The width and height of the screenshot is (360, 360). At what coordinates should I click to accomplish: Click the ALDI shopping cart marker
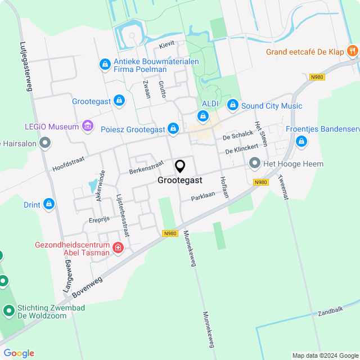click(x=202, y=116)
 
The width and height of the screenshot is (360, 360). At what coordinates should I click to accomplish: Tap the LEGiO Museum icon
click(x=87, y=126)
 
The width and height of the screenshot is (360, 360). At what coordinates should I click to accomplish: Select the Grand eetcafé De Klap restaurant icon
click(x=353, y=52)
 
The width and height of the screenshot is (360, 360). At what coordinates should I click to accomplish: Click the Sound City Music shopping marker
click(x=232, y=105)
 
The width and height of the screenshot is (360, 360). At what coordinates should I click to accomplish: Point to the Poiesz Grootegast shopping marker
click(x=173, y=129)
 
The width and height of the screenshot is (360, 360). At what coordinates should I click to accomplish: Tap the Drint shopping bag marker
click(x=49, y=204)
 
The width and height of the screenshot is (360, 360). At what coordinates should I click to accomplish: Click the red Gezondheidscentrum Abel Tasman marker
click(x=118, y=247)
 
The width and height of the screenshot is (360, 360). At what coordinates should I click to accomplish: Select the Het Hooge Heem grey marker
click(x=255, y=164)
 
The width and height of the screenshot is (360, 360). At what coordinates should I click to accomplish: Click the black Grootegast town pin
click(x=180, y=166)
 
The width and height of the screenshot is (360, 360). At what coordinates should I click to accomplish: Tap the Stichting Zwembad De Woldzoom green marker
click(x=8, y=310)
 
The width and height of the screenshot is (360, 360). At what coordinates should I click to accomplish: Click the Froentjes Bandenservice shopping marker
click(x=301, y=141)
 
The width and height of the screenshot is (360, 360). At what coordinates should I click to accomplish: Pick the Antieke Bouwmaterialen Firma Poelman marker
click(x=105, y=65)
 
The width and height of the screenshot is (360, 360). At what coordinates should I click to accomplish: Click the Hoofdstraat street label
click(x=68, y=163)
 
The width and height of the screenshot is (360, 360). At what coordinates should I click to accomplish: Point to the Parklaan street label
click(x=203, y=197)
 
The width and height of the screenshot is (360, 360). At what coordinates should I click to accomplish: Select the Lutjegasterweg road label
click(x=25, y=66)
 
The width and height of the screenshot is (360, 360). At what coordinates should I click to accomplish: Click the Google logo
click(x=19, y=353)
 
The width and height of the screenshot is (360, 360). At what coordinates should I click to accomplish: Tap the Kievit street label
click(x=167, y=43)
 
